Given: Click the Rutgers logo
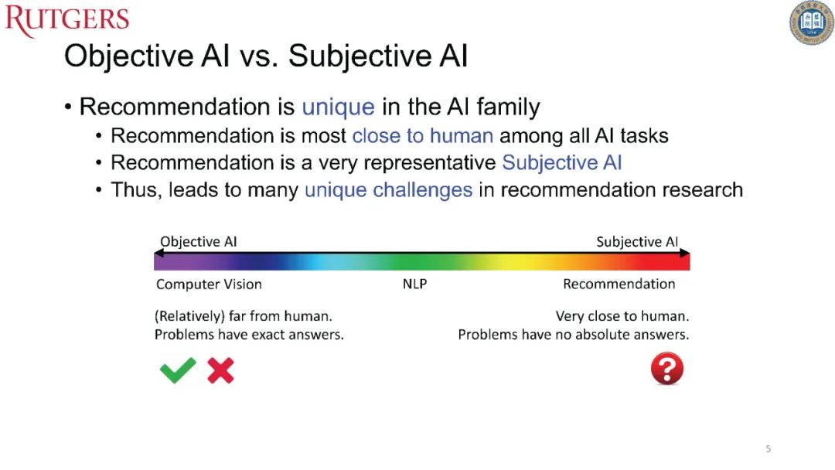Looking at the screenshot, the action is click(67, 20).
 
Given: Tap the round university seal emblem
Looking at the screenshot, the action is click(812, 22).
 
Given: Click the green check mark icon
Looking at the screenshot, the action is click(178, 370).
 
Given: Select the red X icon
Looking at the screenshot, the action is click(220, 370).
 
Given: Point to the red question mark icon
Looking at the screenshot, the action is click(667, 368).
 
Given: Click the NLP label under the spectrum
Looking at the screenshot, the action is click(415, 284).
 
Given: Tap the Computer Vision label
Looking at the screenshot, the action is click(209, 284).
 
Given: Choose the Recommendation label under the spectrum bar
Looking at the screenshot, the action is click(619, 284).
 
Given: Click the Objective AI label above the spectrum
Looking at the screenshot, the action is click(198, 242).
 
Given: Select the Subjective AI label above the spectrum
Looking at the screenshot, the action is click(637, 242).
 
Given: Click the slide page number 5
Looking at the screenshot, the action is click(768, 448).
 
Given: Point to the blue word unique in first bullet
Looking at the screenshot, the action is click(338, 107).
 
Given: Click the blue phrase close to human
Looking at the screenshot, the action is click(423, 136).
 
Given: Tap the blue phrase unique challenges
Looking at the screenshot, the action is click(388, 190).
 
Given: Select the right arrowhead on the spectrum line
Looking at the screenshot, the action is click(685, 253).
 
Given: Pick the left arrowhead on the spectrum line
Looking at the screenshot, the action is click(158, 253).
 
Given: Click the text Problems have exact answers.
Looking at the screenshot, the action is click(249, 334).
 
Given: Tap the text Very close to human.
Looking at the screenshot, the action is click(622, 316).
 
